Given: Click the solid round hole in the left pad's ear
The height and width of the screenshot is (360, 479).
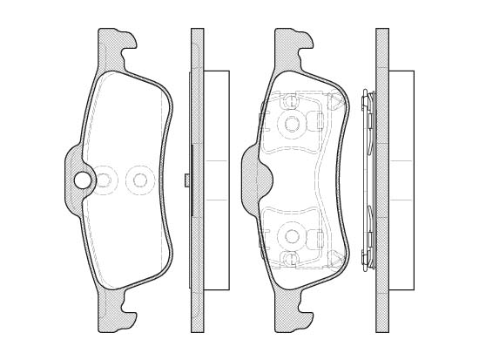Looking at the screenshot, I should coord(83,180).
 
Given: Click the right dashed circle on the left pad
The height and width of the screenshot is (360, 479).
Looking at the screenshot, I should coord(138,180).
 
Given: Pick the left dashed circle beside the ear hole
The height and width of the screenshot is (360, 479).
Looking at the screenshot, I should coord(105,180).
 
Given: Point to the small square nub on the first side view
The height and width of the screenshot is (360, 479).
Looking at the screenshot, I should coord(187,180).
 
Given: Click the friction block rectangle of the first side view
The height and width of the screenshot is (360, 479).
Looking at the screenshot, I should coord(216,180).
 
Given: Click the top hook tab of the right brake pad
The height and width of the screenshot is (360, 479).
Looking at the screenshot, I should coord(293,44).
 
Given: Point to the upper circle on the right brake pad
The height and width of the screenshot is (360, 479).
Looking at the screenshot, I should coord(292,124).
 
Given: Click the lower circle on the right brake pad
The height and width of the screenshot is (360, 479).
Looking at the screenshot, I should coord(292,236).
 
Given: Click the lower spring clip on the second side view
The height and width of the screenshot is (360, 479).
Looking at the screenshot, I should coord(367,240).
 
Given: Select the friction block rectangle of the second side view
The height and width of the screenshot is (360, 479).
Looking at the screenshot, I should coord(401,180).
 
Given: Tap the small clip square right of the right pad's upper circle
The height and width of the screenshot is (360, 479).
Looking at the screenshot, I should coord(320,122).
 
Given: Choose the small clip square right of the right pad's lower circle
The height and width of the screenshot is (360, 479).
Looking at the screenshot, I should coord(320,237).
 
